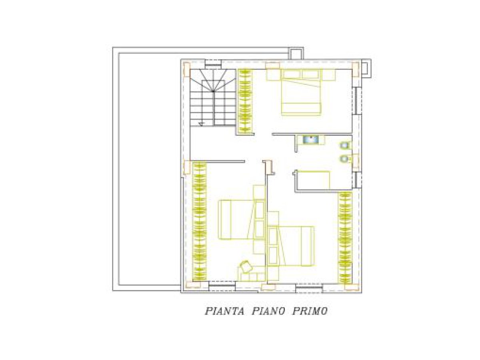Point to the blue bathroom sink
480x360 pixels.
coord(310,140)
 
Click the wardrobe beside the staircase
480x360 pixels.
coord(244,100)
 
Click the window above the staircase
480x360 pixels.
coord(212,63)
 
